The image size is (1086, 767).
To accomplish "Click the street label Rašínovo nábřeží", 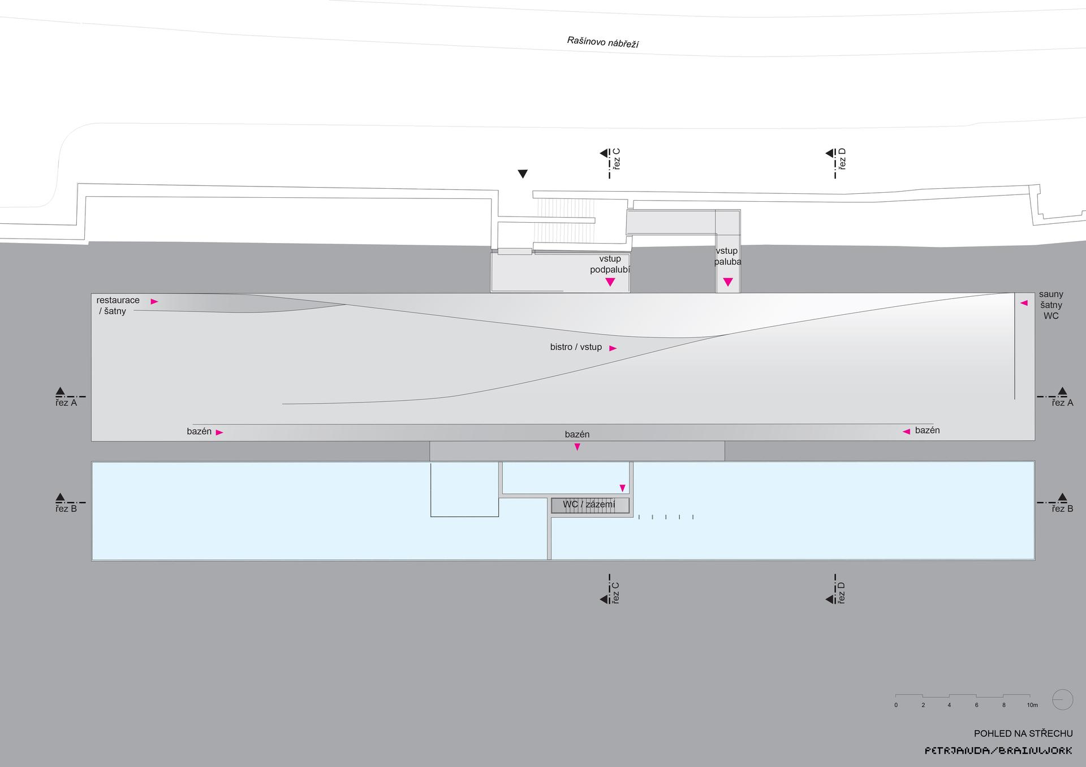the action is [x=603, y=42].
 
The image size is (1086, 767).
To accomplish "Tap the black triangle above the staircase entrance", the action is [x=523, y=174].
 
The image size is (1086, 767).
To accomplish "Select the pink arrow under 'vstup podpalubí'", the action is [x=610, y=282].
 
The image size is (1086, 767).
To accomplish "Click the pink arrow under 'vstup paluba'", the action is [x=728, y=282].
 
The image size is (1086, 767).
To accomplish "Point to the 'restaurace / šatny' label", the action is [x=118, y=306].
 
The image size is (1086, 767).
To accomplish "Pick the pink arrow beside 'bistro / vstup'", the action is [x=613, y=348].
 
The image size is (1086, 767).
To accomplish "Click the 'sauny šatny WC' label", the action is [x=1051, y=305].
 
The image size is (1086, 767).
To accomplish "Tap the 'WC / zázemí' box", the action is [x=590, y=505].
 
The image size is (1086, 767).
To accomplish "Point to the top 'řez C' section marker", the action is [x=611, y=163].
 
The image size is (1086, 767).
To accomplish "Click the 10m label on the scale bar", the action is [x=1032, y=705].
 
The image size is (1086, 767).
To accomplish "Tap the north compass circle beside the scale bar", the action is [x=1063, y=700].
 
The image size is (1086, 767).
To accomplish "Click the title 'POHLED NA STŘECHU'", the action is [x=1023, y=734].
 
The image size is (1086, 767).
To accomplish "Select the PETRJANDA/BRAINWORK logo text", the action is [x=998, y=751].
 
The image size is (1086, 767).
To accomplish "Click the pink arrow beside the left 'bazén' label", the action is [x=219, y=432].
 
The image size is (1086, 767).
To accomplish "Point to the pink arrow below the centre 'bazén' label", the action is [x=577, y=447].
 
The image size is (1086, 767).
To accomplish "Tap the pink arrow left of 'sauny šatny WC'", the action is [x=1023, y=303].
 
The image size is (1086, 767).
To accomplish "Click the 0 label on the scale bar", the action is [x=896, y=705].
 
